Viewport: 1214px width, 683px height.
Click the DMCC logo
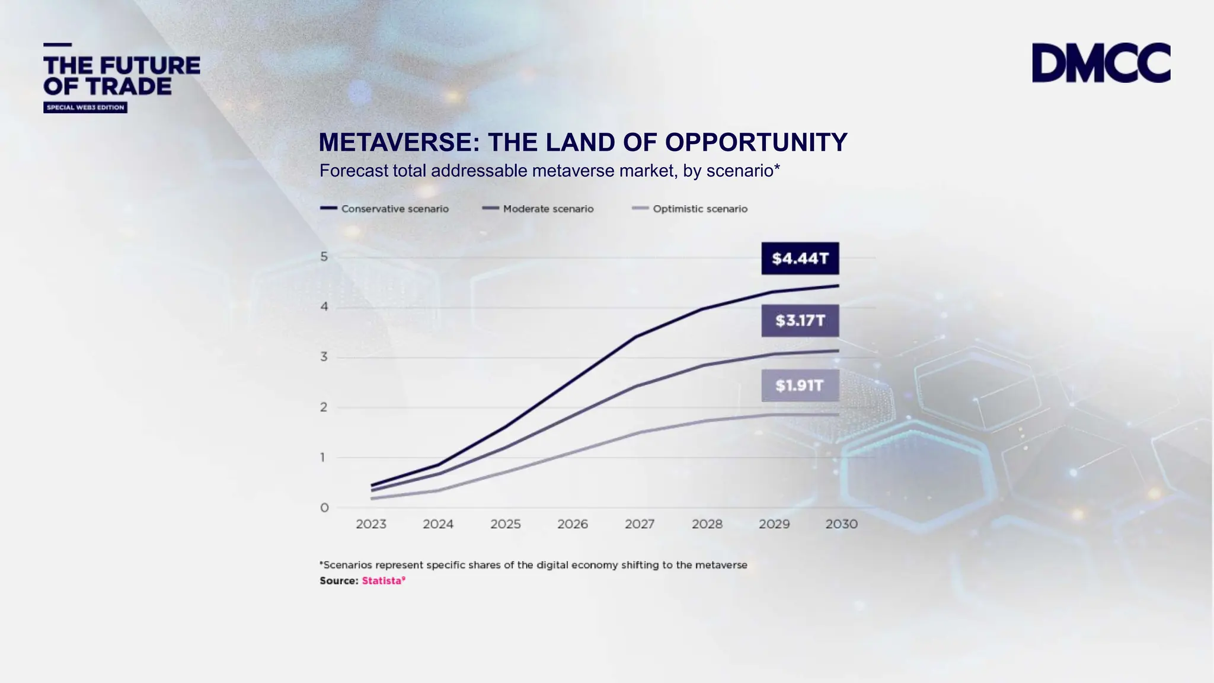pos(1101,62)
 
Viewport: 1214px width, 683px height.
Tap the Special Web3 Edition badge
pos(85,107)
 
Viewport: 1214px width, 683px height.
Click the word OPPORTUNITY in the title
pos(756,142)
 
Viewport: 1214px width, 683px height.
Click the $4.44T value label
pos(800,258)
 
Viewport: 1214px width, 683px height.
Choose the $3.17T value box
pos(800,321)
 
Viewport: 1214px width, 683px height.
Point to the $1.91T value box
pos(800,386)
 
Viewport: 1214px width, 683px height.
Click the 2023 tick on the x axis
pos(371,524)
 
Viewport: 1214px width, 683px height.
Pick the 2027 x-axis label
pos(640,524)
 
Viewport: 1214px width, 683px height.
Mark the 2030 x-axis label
pos(841,524)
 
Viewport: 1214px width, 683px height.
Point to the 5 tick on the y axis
pos(324,257)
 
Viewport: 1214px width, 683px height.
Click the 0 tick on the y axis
pos(324,508)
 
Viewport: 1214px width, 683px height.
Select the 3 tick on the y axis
pos(324,357)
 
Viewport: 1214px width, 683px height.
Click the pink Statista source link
pos(383,581)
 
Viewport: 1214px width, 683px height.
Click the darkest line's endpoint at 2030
pos(838,286)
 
